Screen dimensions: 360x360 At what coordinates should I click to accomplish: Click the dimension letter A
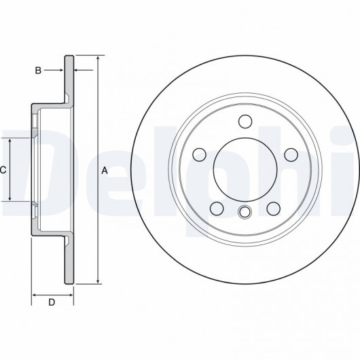coord(105,170)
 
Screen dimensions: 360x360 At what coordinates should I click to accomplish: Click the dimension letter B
coord(38,71)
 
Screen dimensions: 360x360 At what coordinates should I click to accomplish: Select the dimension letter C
coord(3,170)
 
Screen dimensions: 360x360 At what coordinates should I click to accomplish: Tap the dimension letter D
coord(52,302)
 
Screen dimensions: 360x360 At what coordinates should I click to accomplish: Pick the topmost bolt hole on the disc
coord(245,122)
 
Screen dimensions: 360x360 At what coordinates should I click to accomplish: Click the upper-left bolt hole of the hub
coord(199,155)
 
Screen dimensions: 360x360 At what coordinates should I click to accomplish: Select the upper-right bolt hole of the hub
coord(291,155)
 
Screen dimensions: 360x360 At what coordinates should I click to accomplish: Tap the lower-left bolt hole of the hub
coord(217,209)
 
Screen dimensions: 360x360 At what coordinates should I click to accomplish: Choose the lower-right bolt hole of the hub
coord(274,209)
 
